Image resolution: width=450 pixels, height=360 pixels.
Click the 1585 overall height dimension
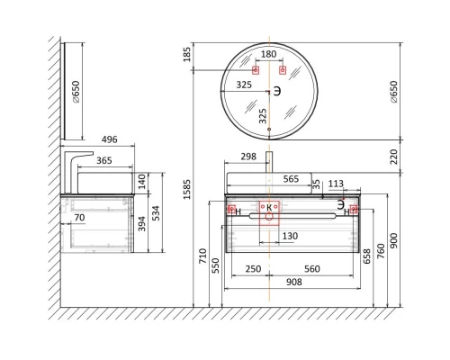(x=187, y=189)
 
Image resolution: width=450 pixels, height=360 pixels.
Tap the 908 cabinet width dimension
(x=294, y=282)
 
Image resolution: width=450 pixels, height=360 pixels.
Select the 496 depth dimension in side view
(x=110, y=139)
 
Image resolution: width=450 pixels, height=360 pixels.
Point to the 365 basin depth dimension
(x=104, y=160)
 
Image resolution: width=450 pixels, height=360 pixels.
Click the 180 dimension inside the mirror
(x=268, y=54)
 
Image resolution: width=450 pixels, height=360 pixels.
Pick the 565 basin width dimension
(x=291, y=179)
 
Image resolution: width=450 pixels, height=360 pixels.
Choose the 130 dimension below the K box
(x=290, y=236)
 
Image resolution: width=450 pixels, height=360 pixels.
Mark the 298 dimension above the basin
(x=248, y=157)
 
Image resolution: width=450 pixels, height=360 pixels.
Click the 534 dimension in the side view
(x=156, y=213)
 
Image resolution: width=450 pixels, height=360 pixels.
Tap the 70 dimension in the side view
(x=79, y=217)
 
